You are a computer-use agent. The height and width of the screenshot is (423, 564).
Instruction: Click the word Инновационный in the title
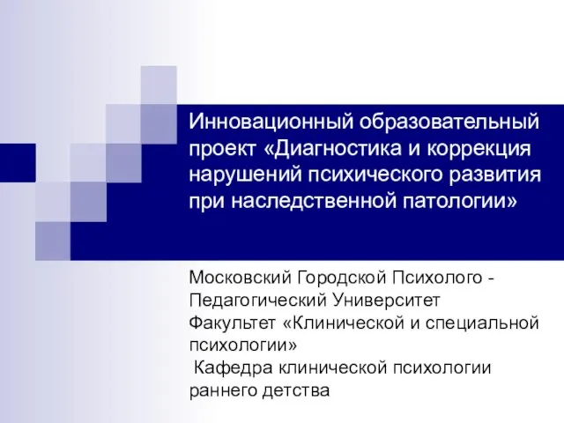tap(271, 122)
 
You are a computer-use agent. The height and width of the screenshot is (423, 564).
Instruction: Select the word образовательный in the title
tap(449, 122)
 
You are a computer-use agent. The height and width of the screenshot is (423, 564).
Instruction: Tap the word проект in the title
tap(223, 149)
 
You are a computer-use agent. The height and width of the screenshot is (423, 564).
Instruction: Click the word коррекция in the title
tap(479, 149)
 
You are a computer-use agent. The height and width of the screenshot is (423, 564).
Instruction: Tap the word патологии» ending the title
tap(460, 202)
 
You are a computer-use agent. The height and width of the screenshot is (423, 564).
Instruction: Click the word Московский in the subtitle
tap(241, 278)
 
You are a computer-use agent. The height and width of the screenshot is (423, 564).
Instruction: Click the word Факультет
tap(233, 323)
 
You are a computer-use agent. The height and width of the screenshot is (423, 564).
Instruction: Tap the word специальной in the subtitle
tap(482, 323)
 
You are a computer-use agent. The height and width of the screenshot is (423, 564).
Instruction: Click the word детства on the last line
tap(296, 390)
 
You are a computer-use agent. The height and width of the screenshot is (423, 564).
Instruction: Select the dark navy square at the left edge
tap(18, 162)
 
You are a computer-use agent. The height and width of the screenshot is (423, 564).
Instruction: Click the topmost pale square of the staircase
tap(159, 85)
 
